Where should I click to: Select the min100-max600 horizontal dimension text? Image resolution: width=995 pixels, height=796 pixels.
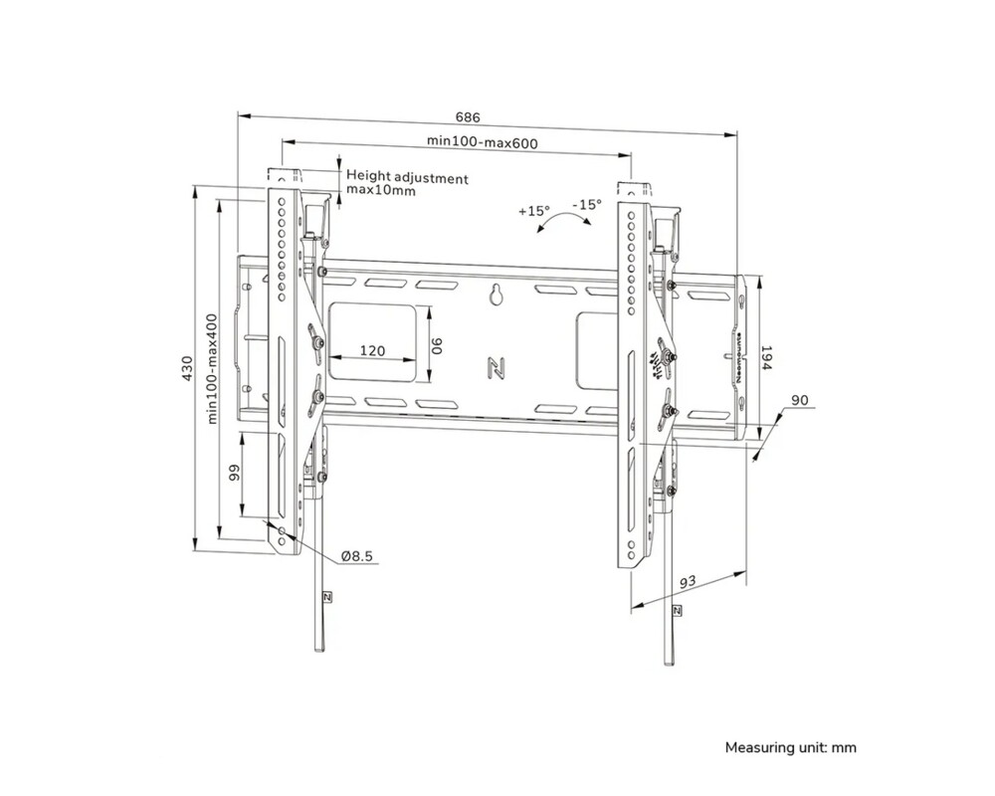(483, 142)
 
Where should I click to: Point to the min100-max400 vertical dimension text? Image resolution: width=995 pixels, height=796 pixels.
(212, 369)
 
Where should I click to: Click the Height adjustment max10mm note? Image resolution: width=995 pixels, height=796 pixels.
(406, 184)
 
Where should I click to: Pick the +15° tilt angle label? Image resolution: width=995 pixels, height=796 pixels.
(534, 211)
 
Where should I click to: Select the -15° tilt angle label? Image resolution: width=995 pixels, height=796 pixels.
(587, 204)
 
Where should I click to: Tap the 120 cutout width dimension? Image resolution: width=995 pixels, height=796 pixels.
(372, 351)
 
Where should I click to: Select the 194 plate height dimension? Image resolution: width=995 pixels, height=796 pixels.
(766, 359)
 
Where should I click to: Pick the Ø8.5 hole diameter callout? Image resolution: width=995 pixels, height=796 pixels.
(356, 556)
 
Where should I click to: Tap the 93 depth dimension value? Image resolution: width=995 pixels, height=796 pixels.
(686, 581)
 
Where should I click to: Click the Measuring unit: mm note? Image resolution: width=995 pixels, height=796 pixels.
(790, 747)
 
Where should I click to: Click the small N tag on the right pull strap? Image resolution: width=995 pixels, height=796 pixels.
(678, 609)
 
